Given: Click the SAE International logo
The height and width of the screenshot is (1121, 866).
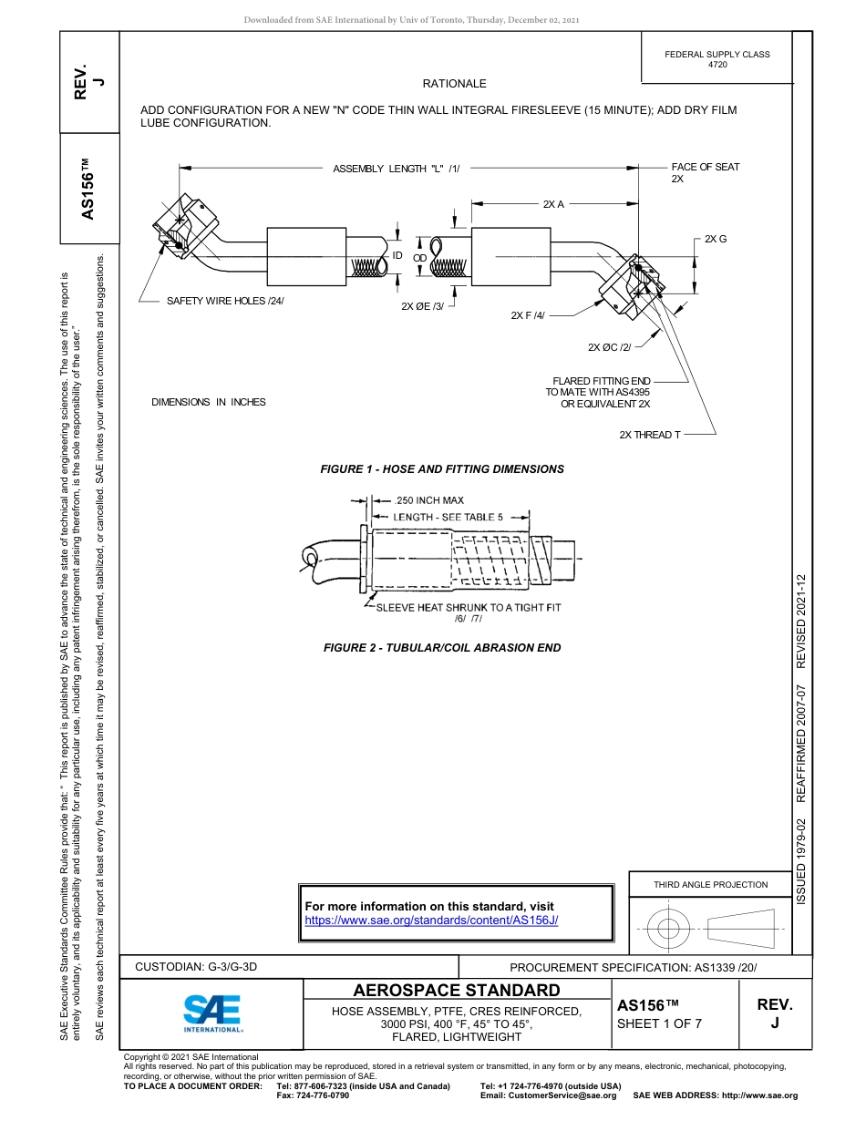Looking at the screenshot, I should tap(211, 1012).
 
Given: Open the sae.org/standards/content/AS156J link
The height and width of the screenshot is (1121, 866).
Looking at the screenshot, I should tap(430, 920).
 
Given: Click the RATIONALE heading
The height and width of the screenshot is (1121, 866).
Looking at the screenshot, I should tap(454, 84).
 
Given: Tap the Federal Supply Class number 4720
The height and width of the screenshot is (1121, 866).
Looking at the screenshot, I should tap(717, 66).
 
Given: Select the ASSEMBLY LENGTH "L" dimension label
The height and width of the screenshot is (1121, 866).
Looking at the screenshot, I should tap(397, 169).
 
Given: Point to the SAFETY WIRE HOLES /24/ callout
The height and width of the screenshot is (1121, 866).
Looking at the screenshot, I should tap(225, 301).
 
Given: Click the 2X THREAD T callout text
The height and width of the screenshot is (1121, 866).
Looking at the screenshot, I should tap(649, 435).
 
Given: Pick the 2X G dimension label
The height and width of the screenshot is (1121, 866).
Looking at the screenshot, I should tap(715, 239).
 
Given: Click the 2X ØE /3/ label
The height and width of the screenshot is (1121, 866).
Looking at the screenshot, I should tap(422, 306).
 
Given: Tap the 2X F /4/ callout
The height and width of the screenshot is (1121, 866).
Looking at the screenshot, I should tap(527, 315).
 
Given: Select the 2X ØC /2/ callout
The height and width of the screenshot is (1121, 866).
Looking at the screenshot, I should tap(609, 347).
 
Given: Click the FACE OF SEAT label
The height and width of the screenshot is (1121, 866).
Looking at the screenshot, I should tap(705, 168).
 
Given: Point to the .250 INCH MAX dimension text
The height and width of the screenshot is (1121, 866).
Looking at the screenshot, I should tap(429, 500).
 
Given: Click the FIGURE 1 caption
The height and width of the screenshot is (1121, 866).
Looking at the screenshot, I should tap(442, 469).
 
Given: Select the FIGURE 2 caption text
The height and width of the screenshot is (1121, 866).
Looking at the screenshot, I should tap(442, 648).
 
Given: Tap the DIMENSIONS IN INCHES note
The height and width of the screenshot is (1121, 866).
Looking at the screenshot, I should tap(209, 402).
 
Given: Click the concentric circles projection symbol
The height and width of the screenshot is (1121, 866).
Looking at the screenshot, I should tap(669, 929).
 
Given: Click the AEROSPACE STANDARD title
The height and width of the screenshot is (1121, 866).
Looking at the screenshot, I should tap(457, 991).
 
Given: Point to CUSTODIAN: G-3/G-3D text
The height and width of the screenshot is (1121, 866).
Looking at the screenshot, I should tap(196, 966).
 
